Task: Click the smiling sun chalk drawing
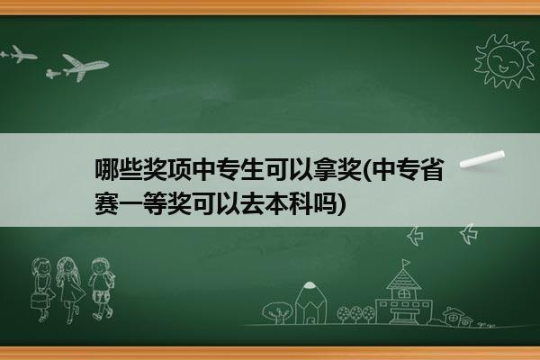(505, 61)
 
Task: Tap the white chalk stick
(482, 158)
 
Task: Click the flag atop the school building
(407, 264)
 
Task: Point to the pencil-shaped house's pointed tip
(310, 283)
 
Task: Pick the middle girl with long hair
(70, 289)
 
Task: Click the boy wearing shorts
(102, 288)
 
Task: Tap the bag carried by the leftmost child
(40, 301)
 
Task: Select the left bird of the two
(415, 236)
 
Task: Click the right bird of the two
(469, 234)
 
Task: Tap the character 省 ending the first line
(432, 169)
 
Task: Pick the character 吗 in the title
(325, 203)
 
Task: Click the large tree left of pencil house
(277, 311)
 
